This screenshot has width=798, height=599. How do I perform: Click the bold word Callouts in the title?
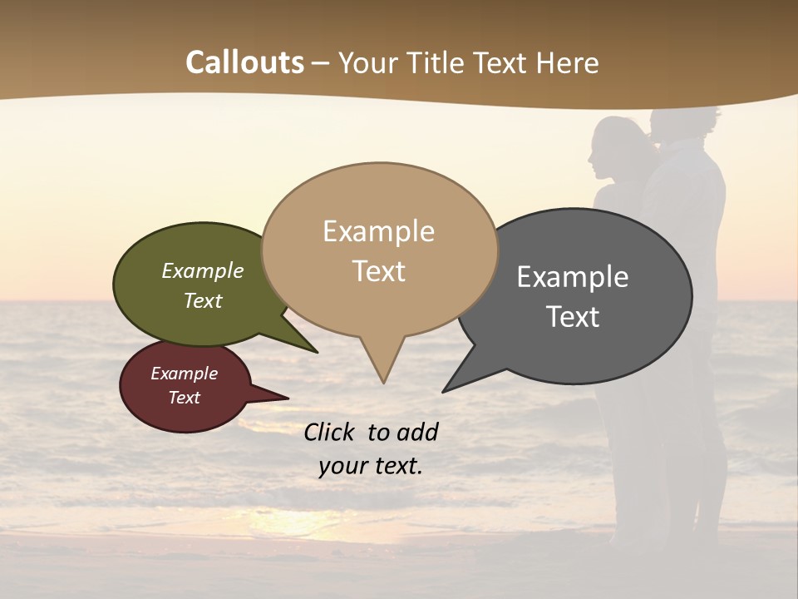coord(244,62)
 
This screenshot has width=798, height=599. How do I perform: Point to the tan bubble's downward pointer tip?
coord(383,382)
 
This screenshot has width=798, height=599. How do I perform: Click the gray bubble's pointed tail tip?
coord(444,391)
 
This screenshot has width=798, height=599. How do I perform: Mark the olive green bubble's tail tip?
coord(317,352)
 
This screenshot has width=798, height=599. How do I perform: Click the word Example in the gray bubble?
coord(572,277)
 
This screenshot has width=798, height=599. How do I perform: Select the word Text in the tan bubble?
coord(379,271)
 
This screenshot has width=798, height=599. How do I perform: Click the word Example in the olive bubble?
coord(203,271)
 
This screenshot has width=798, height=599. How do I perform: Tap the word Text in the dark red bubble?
coord(185,398)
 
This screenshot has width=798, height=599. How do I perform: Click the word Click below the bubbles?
coord(331,432)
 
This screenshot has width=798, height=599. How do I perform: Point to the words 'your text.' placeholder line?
coord(371,466)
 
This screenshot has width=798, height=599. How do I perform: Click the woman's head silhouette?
coord(615,146)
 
